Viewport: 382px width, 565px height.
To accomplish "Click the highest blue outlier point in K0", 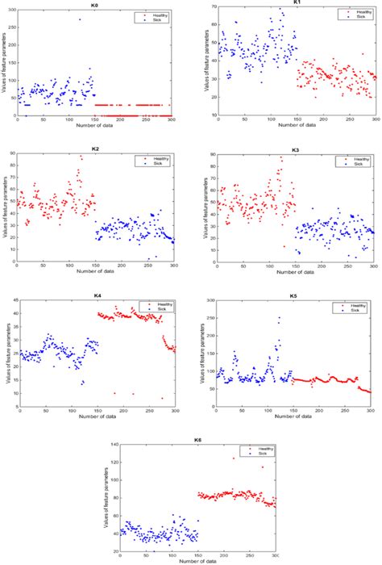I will (79, 19).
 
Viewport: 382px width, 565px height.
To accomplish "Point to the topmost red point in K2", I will (81, 157).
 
